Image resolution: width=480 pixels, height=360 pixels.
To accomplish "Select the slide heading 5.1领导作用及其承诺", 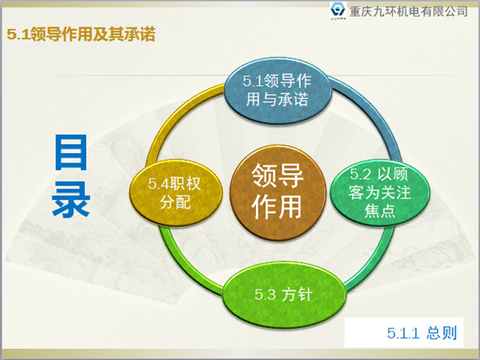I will click(x=81, y=35).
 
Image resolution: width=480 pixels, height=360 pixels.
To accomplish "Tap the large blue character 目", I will click(x=71, y=152).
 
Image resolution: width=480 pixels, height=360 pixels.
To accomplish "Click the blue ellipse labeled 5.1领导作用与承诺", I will click(x=277, y=91).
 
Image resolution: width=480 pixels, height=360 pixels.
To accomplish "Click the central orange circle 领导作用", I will click(x=277, y=191).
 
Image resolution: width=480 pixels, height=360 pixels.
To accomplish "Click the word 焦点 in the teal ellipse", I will click(x=380, y=211).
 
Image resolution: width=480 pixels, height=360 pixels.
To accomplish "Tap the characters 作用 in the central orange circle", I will click(x=277, y=208).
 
